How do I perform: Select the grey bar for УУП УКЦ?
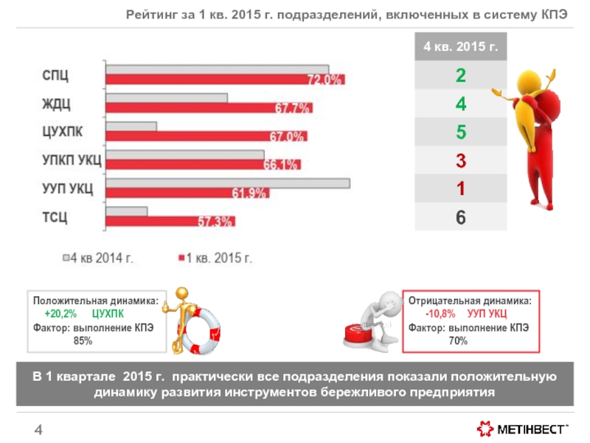(227, 183)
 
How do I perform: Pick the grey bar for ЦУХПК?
(131, 126)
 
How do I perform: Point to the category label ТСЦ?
(54, 216)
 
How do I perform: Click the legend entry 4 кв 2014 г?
(101, 258)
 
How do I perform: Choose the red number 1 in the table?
(460, 189)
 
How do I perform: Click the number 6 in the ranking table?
(460, 218)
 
